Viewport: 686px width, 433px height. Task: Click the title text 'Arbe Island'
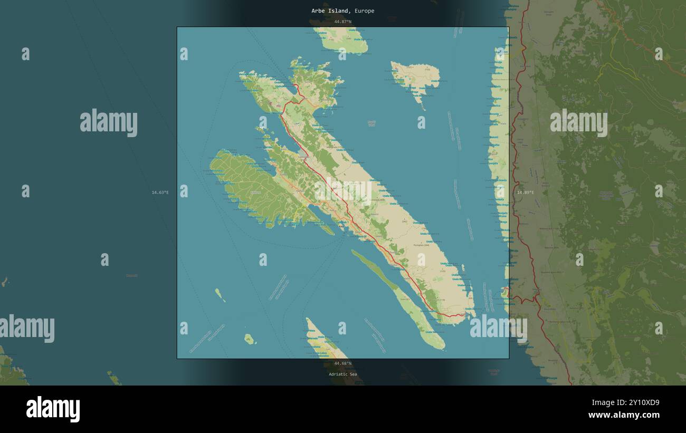(329, 11)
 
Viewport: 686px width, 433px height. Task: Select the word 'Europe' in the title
(365, 11)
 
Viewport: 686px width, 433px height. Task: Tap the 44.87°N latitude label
(342, 22)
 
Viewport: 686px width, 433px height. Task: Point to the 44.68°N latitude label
(342, 363)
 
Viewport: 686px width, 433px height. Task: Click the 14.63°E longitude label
(160, 193)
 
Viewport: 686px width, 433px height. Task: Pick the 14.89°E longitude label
(525, 193)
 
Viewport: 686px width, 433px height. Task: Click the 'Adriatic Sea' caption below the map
(342, 374)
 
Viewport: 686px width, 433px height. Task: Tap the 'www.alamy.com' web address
(624, 415)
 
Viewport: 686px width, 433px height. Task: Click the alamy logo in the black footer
(53, 409)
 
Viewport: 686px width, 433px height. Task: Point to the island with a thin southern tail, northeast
(416, 79)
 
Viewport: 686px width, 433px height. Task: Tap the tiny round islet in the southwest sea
(249, 339)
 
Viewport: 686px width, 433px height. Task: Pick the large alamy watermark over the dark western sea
(109, 122)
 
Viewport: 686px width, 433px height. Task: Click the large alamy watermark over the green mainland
(578, 122)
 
